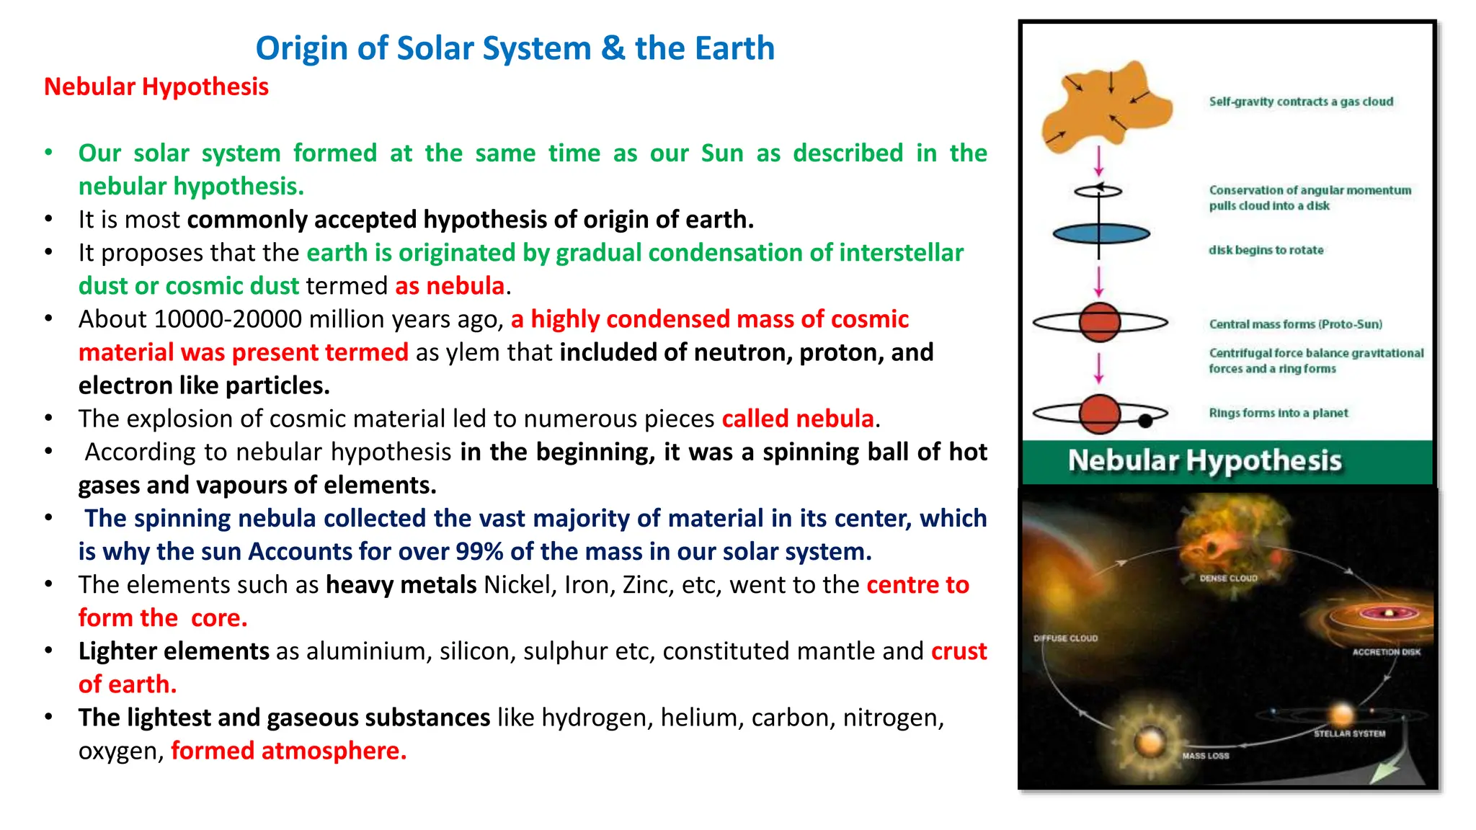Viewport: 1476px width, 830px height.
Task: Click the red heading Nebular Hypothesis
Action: [x=156, y=87]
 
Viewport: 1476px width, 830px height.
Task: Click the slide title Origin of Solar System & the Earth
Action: [x=515, y=49]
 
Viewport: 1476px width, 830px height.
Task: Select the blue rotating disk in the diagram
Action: [x=1101, y=234]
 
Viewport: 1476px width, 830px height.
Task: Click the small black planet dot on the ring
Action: [x=1145, y=421]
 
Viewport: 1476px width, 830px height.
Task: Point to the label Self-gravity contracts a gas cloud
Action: [x=1301, y=102]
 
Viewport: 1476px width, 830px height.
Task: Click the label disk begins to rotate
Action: [x=1266, y=250]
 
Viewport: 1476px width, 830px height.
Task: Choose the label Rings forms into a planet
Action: [x=1278, y=413]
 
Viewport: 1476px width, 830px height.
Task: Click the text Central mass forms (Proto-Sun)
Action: [x=1295, y=324]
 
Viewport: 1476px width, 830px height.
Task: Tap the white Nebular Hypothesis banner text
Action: [x=1204, y=460]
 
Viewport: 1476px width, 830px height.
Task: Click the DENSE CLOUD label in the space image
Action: [x=1228, y=578]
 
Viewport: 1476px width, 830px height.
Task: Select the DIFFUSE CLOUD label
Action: [x=1065, y=638]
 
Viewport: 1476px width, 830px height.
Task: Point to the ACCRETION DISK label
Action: [x=1386, y=652]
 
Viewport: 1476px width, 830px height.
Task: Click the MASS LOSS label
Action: [x=1205, y=756]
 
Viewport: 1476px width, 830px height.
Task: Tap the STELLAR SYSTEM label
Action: [x=1349, y=733]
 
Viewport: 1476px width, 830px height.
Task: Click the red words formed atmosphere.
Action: [x=288, y=751]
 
